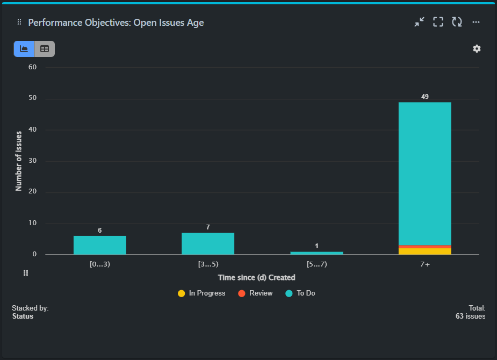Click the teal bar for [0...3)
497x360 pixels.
point(100,245)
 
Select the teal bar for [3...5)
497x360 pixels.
point(208,243)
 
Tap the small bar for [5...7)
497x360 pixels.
point(316,253)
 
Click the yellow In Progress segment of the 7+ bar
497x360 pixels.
point(424,251)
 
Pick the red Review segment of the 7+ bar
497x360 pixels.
point(424,247)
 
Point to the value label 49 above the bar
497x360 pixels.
point(424,97)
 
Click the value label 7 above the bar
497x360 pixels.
point(208,227)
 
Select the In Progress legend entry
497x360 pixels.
point(201,293)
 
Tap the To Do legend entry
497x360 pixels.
point(300,293)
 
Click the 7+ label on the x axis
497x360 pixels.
point(424,264)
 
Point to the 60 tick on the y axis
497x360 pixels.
point(32,67)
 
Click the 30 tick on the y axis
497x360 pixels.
point(32,161)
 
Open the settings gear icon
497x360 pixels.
point(477,49)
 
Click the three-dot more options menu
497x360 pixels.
point(476,22)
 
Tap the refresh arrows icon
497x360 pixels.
point(457,22)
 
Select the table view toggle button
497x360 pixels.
point(45,49)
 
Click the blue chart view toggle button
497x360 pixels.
point(24,49)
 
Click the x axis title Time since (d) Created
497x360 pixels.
point(256,277)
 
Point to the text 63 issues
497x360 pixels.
point(470,316)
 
